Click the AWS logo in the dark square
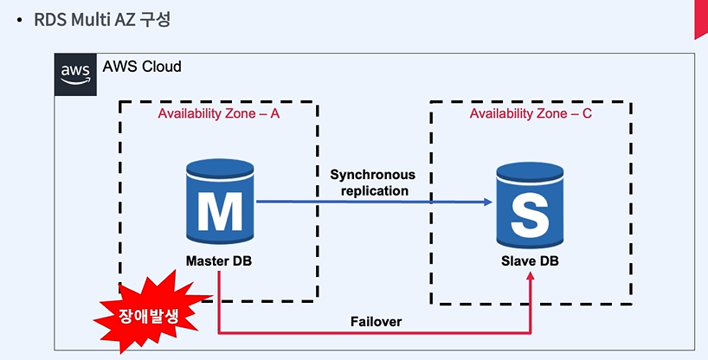[75, 74]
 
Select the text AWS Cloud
[142, 67]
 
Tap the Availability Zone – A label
[218, 114]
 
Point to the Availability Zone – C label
[530, 113]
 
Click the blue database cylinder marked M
[220, 201]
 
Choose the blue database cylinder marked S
[530, 205]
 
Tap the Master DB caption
[219, 261]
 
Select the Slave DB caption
[530, 261]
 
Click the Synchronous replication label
[373, 183]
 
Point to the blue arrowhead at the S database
[488, 202]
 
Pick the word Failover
[377, 322]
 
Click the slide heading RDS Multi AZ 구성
[102, 20]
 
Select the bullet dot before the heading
[19, 21]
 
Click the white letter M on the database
[220, 212]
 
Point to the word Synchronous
[373, 175]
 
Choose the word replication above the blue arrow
[375, 190]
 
